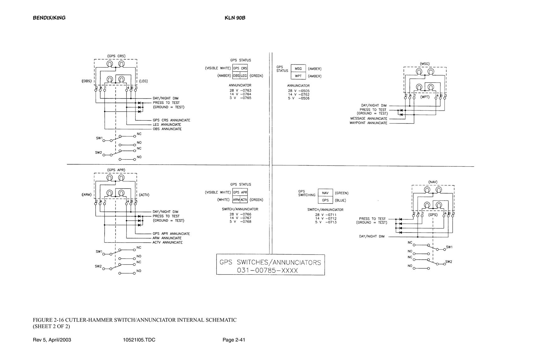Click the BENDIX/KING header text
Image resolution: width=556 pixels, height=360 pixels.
pos(49,18)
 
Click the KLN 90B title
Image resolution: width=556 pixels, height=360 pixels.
pos(235,18)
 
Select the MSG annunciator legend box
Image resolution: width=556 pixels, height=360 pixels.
pos(298,69)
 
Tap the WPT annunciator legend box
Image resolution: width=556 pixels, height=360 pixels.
pos(298,76)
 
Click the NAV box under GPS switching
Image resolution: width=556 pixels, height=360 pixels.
pos(325,193)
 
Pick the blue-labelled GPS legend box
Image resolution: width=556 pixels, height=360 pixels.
pos(325,200)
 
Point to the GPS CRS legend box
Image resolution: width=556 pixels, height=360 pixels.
pos(240,68)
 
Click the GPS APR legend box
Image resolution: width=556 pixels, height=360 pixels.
pos(240,192)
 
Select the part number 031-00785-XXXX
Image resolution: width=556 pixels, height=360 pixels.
pos(268,270)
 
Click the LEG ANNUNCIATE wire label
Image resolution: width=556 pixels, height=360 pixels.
pos(167,125)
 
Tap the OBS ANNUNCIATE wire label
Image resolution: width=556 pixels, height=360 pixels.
pos(167,129)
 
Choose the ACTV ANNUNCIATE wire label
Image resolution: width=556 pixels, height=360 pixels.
pos(168,242)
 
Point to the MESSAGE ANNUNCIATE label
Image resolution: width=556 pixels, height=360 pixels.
pos(369,119)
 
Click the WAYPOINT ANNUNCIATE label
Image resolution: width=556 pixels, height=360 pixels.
pos(368,123)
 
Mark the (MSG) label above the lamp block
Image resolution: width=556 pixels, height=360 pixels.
pos(425,64)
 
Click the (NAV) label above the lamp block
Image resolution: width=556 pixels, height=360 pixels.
pos(433,182)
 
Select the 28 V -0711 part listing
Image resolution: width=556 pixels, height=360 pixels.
pos(326,215)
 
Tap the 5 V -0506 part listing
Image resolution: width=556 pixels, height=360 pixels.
pos(299,98)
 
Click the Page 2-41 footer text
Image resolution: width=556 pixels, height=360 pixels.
pos(234,340)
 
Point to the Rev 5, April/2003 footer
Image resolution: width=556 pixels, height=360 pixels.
pos(52,340)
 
